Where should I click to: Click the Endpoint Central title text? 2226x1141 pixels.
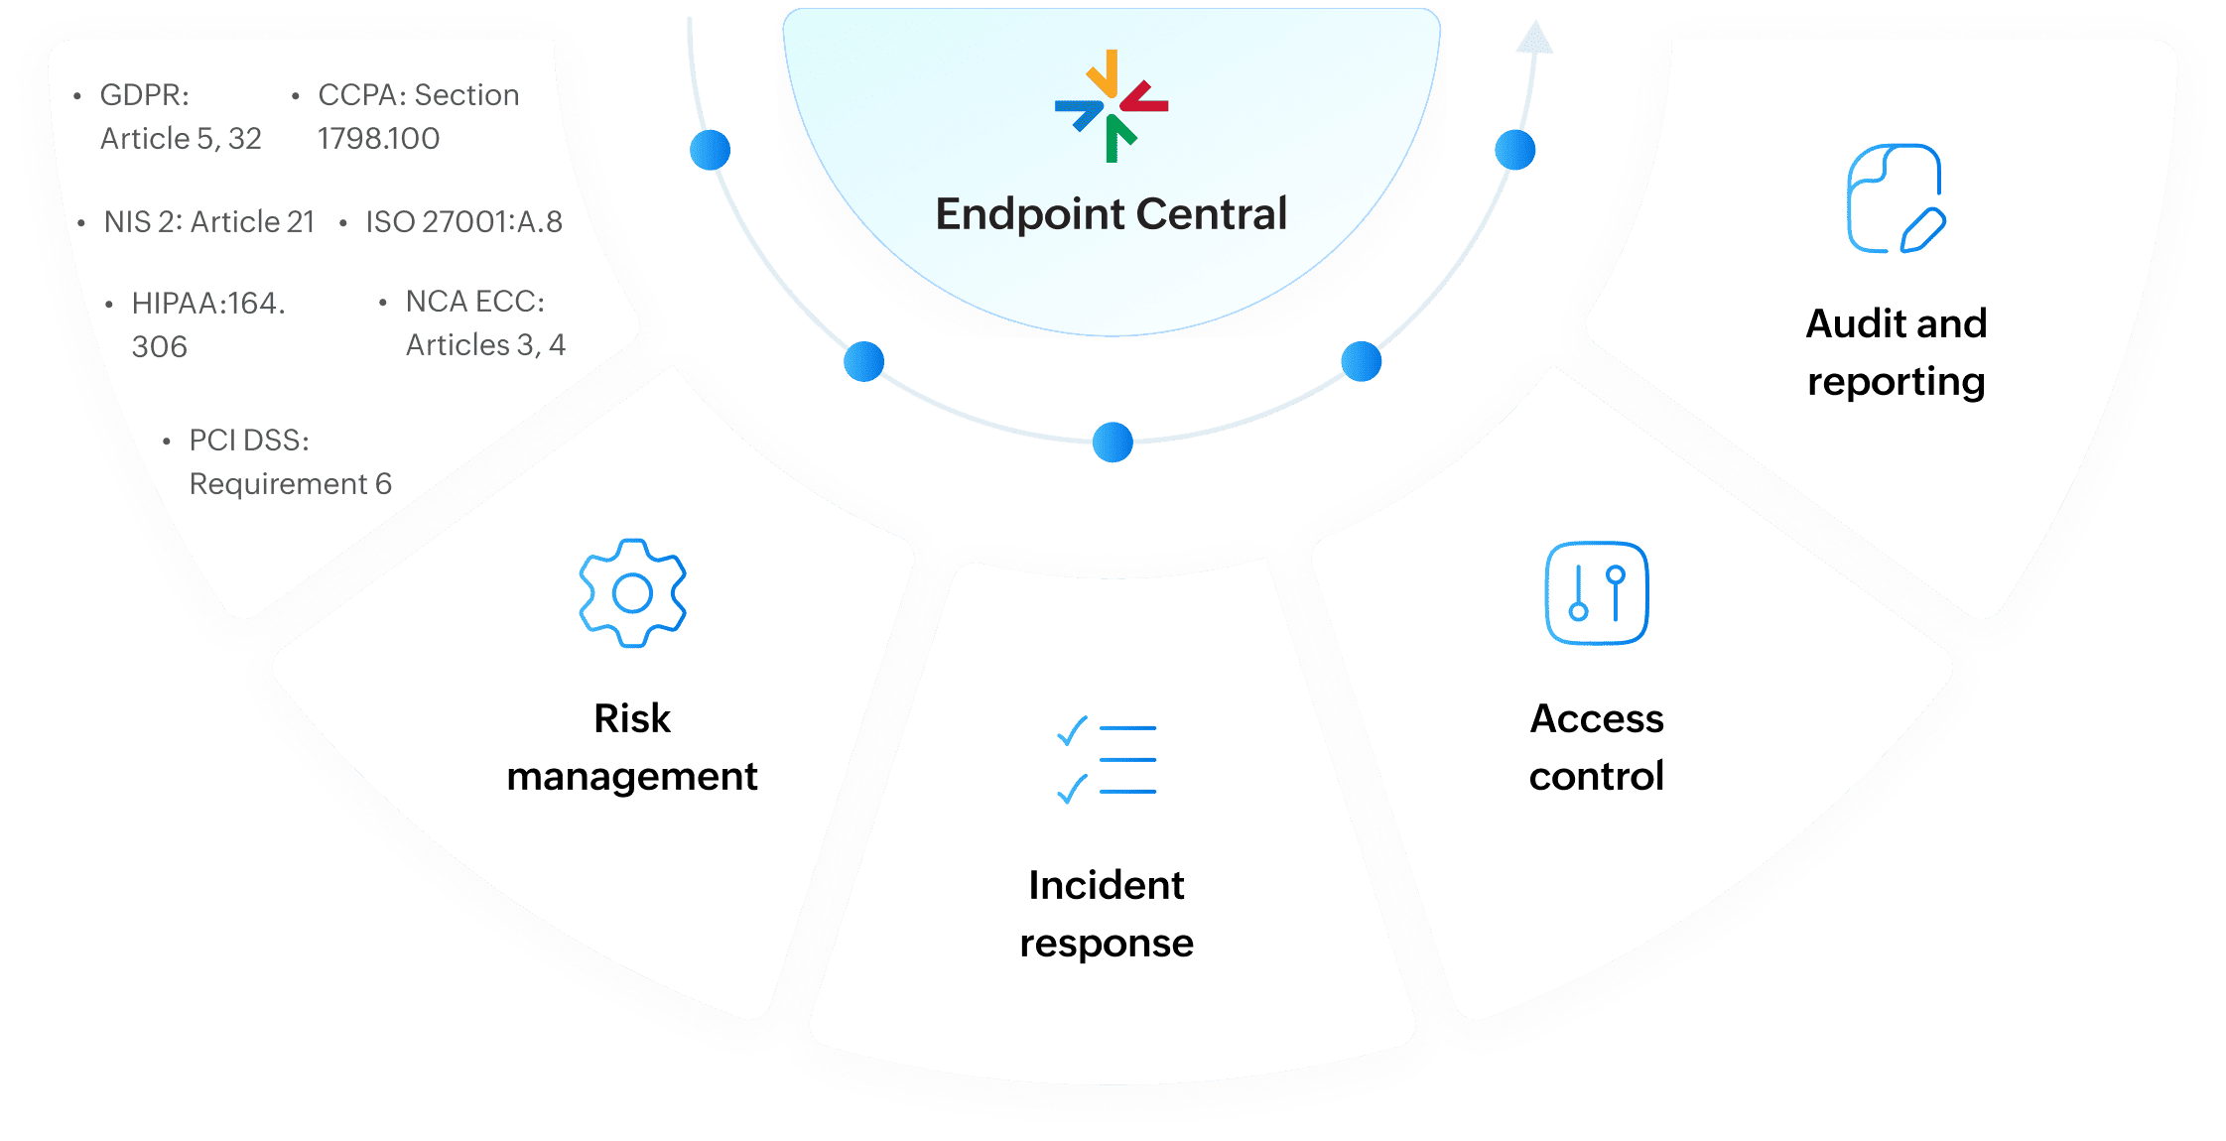tap(1111, 214)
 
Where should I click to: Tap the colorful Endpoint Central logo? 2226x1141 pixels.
tap(1112, 105)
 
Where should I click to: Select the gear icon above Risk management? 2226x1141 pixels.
tap(632, 593)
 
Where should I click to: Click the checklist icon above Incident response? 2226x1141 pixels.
tap(1107, 760)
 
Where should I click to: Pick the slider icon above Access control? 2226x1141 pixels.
tap(1596, 593)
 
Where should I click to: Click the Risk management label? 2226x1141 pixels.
tap(632, 746)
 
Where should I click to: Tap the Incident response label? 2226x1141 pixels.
tap(1107, 913)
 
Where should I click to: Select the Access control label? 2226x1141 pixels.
tap(1596, 746)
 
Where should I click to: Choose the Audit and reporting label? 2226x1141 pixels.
tap(1896, 352)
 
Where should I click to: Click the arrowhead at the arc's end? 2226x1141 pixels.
tap(1534, 38)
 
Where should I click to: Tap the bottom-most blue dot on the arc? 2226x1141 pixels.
tap(1113, 443)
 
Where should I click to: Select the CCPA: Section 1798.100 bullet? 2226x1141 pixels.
tap(418, 117)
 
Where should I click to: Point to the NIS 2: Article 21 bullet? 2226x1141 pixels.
tap(208, 222)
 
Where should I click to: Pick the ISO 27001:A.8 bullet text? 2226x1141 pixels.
tap(463, 222)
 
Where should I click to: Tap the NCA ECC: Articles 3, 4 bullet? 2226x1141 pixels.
tap(484, 323)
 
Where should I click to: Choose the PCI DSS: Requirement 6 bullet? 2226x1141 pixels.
tap(290, 462)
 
